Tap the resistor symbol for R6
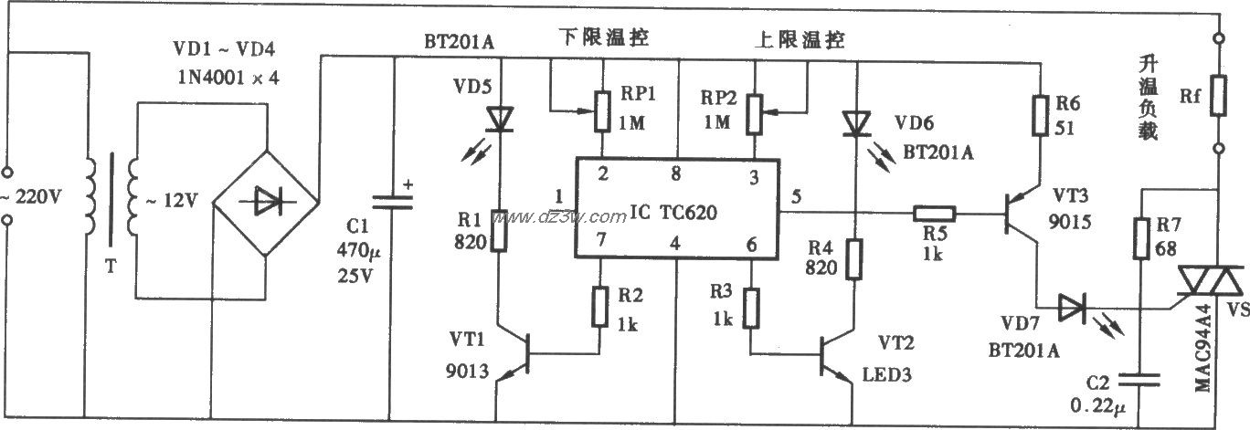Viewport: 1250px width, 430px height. click(1039, 113)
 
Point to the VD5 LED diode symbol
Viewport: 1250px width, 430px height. click(499, 118)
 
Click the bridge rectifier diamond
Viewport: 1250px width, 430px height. click(264, 204)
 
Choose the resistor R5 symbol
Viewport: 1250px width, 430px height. click(933, 215)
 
